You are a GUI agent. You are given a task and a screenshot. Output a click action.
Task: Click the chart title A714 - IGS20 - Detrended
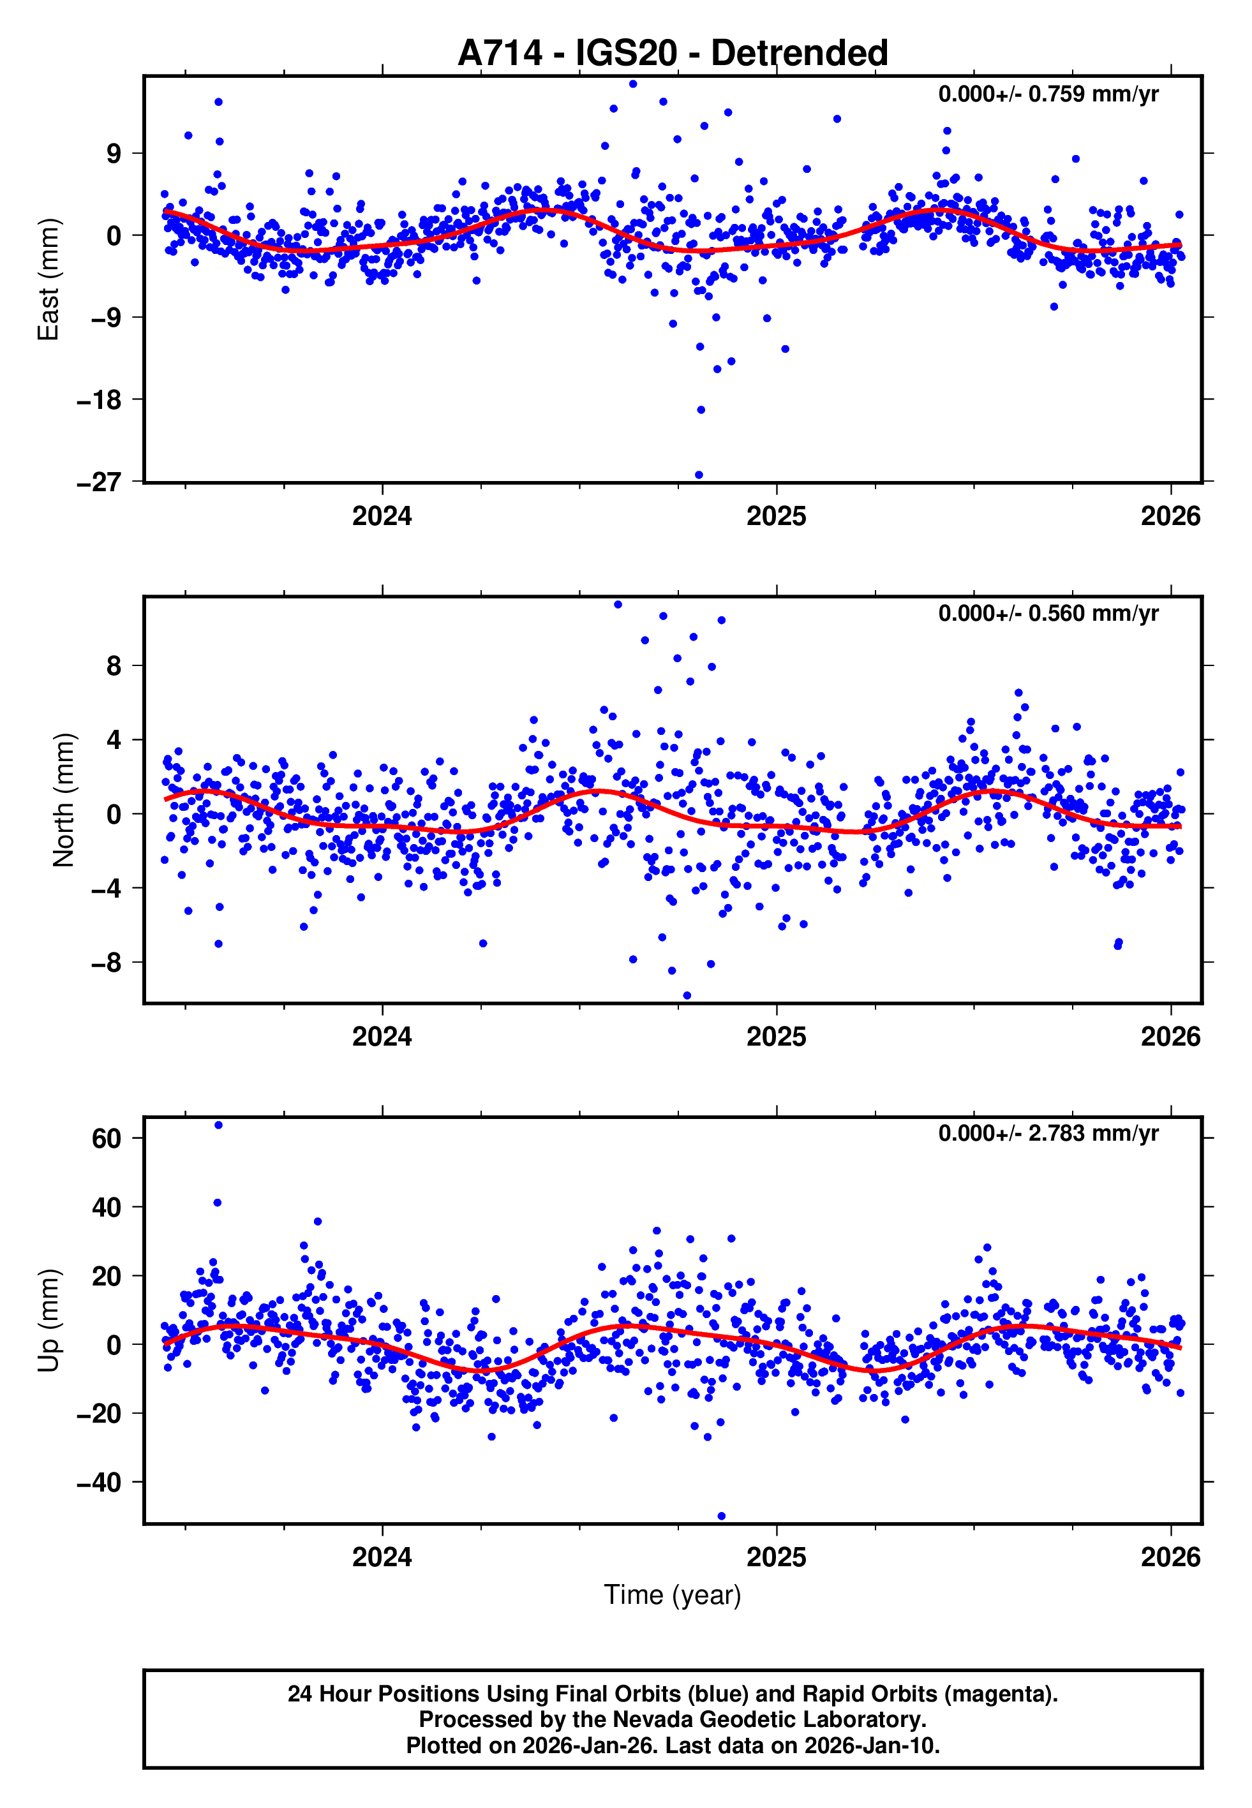[673, 54]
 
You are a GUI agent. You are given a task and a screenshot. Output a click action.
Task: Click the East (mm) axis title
[48, 279]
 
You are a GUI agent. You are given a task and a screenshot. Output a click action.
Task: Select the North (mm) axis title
[64, 800]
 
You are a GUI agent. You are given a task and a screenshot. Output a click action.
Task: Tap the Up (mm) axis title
[48, 1321]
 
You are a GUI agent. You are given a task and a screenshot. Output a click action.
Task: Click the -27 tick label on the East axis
[99, 482]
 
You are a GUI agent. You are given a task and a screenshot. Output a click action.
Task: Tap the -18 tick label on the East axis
[99, 400]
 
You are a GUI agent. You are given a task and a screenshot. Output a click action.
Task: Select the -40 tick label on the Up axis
[99, 1483]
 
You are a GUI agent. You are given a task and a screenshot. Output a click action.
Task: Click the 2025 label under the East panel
[776, 516]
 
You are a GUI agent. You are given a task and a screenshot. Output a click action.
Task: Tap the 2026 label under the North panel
[1170, 1037]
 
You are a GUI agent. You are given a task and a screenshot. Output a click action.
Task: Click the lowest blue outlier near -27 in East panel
[699, 475]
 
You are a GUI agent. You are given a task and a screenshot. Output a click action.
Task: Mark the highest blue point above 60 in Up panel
[218, 1125]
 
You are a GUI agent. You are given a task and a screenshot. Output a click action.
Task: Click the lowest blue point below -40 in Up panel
[722, 1516]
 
